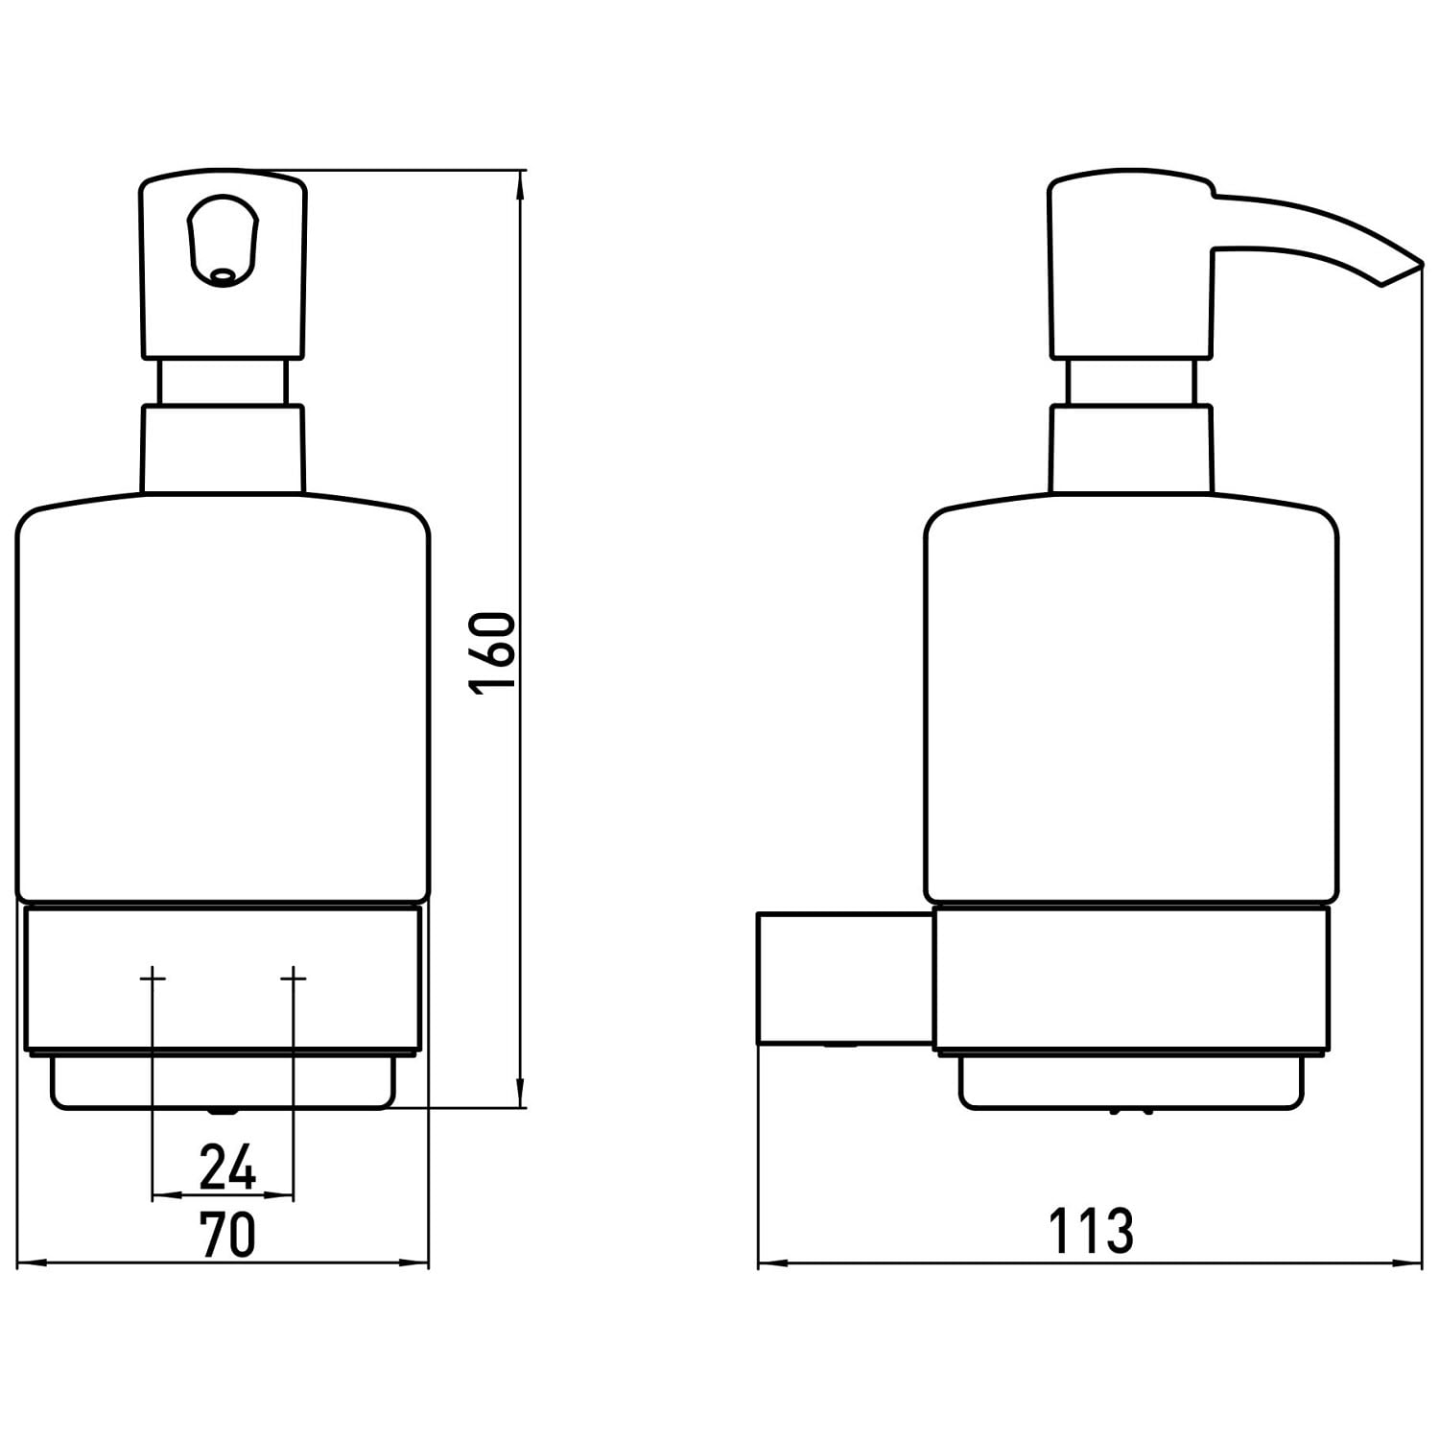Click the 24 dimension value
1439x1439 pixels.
(x=227, y=1168)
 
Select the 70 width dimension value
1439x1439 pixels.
(x=227, y=1235)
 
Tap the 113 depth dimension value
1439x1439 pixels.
(x=1090, y=1231)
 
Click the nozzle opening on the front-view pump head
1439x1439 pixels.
(x=223, y=276)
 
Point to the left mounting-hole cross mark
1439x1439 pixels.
(x=153, y=978)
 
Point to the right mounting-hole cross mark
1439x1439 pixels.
(x=294, y=978)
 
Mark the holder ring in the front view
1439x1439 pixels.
(x=223, y=979)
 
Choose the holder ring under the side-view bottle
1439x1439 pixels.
(x=1132, y=979)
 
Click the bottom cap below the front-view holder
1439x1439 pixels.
(x=223, y=1082)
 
